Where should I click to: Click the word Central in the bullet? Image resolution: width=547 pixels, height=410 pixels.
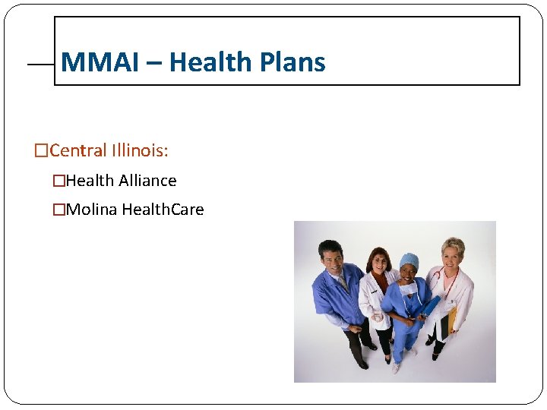click(77, 150)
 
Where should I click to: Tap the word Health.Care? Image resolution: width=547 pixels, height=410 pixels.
click(163, 210)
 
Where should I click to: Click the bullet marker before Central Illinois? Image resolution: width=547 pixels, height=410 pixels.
click(41, 151)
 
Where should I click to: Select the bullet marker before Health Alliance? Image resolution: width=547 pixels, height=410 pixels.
click(58, 181)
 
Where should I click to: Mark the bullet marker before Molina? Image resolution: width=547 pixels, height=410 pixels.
click(58, 210)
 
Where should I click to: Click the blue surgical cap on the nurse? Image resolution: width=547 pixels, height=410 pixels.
click(409, 260)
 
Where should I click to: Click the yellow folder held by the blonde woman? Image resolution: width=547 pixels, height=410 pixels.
click(451, 319)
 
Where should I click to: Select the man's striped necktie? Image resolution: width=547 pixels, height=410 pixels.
click(343, 282)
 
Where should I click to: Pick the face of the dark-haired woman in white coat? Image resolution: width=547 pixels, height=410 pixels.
click(376, 263)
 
